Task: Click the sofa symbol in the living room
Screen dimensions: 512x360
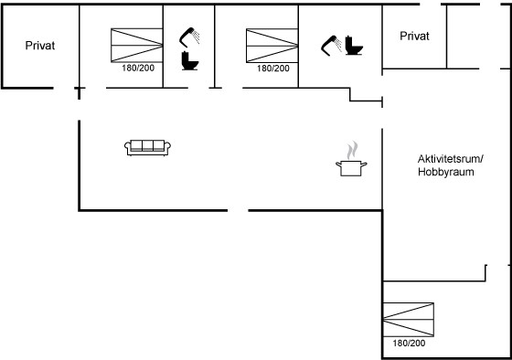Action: pyautogui.click(x=147, y=148)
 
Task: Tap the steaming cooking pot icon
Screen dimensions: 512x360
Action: pyautogui.click(x=351, y=159)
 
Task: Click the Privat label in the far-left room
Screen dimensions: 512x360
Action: pyautogui.click(x=40, y=46)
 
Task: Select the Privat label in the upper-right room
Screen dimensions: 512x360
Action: pyautogui.click(x=414, y=36)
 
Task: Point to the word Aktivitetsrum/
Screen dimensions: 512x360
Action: pyautogui.click(x=450, y=159)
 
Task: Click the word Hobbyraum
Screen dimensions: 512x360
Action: pyautogui.click(x=446, y=172)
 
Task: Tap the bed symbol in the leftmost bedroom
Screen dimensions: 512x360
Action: pyautogui.click(x=137, y=46)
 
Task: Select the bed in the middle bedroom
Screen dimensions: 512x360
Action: pyautogui.click(x=272, y=46)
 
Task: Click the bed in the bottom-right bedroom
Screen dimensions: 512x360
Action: pyautogui.click(x=409, y=320)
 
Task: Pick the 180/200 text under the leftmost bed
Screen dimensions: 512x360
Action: pyautogui.click(x=138, y=68)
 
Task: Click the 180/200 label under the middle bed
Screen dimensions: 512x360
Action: pyautogui.click(x=273, y=69)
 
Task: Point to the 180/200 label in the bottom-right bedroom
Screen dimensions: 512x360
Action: pyautogui.click(x=409, y=343)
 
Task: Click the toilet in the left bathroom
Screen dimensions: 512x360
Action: pyautogui.click(x=190, y=60)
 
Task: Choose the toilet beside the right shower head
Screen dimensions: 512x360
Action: pyautogui.click(x=354, y=46)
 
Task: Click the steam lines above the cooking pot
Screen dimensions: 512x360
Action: pyautogui.click(x=352, y=150)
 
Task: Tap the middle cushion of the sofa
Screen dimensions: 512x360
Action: pyautogui.click(x=147, y=145)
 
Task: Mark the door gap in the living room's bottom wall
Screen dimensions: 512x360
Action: pyautogui.click(x=238, y=210)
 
